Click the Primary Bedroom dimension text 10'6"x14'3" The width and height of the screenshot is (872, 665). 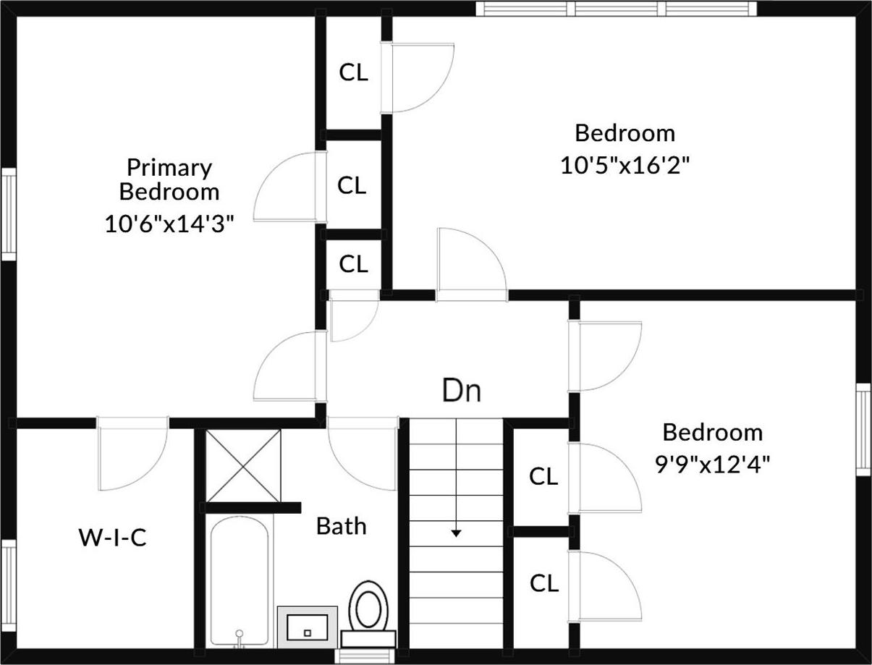169,224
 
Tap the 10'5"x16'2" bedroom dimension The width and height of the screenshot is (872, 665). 625,165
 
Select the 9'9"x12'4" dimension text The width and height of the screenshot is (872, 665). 712,464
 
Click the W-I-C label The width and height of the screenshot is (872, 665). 112,538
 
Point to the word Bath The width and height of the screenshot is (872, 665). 341,526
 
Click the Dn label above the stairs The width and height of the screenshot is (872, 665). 461,391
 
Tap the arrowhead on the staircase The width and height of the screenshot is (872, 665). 456,533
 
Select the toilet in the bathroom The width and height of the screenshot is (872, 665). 368,612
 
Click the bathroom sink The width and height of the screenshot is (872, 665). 308,627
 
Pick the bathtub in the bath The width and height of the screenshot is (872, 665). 239,579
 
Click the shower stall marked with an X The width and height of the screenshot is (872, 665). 243,465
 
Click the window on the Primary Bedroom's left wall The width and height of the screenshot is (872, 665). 9,214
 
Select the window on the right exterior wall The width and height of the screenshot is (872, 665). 863,430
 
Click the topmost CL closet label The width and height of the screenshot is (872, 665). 353,72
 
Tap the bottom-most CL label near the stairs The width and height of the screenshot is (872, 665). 543,583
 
